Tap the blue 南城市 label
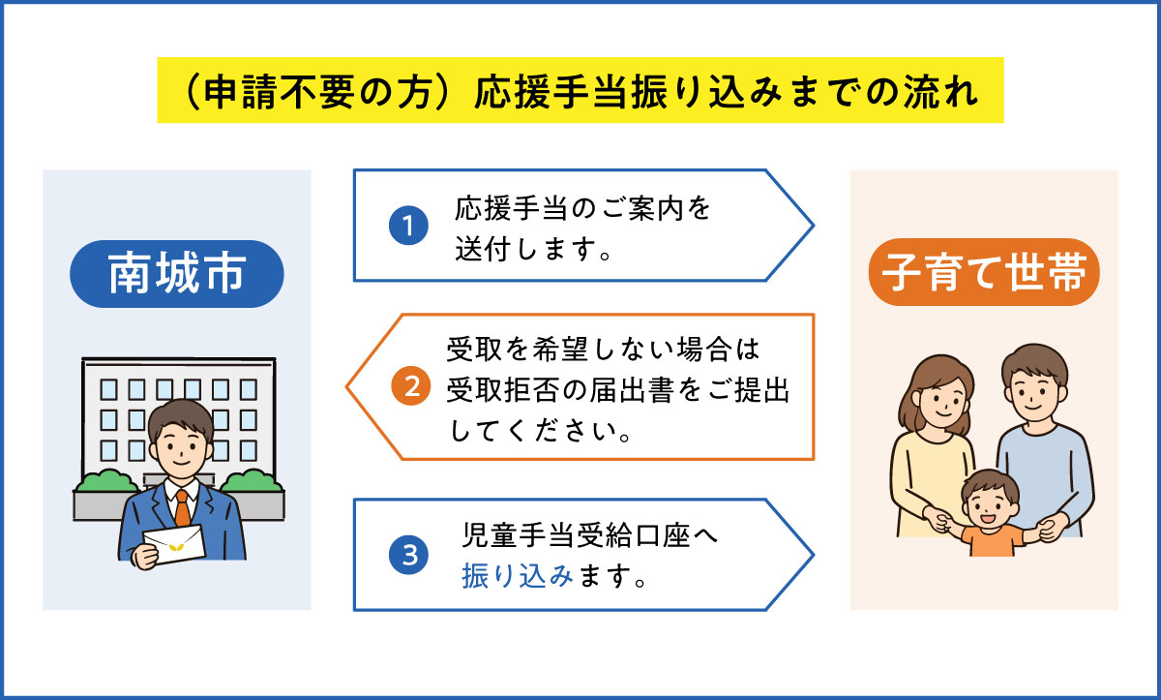pos(176,274)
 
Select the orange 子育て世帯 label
pos(984,274)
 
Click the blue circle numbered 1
pos(407,227)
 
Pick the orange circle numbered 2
pos(409,386)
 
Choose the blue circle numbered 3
pos(407,555)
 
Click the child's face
pos(988,505)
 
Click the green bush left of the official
pos(104,481)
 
